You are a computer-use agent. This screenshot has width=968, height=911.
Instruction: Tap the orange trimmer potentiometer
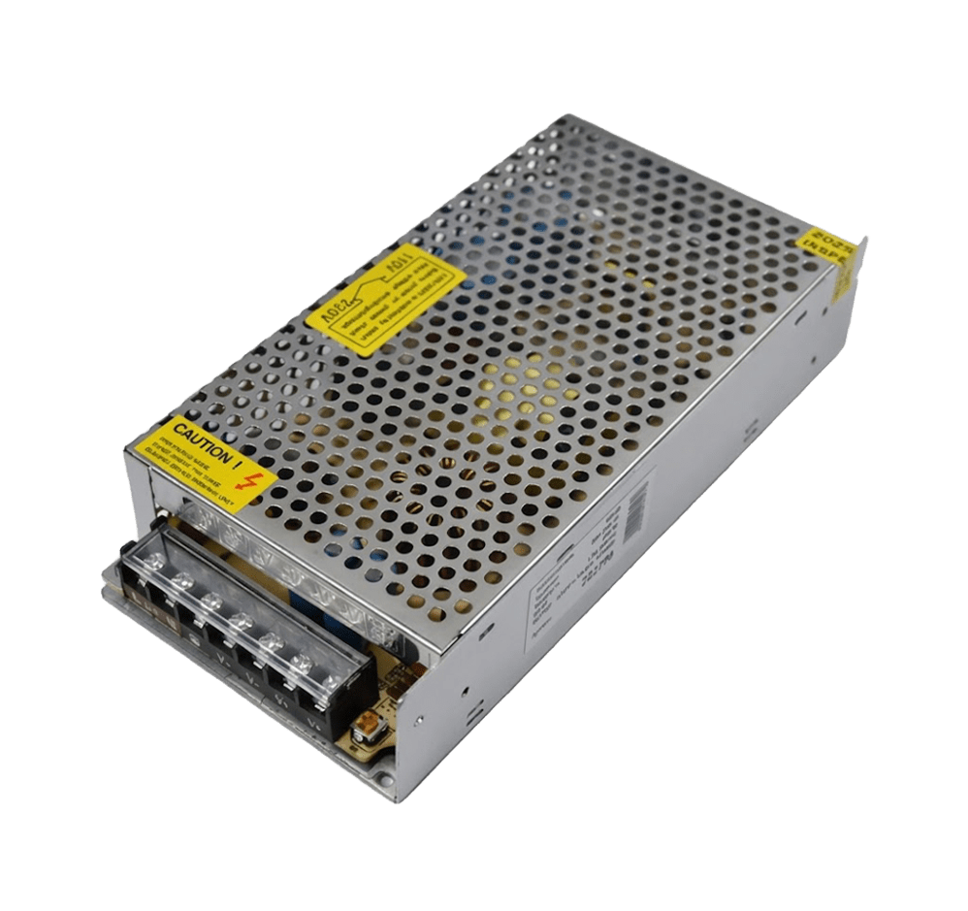point(369,724)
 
